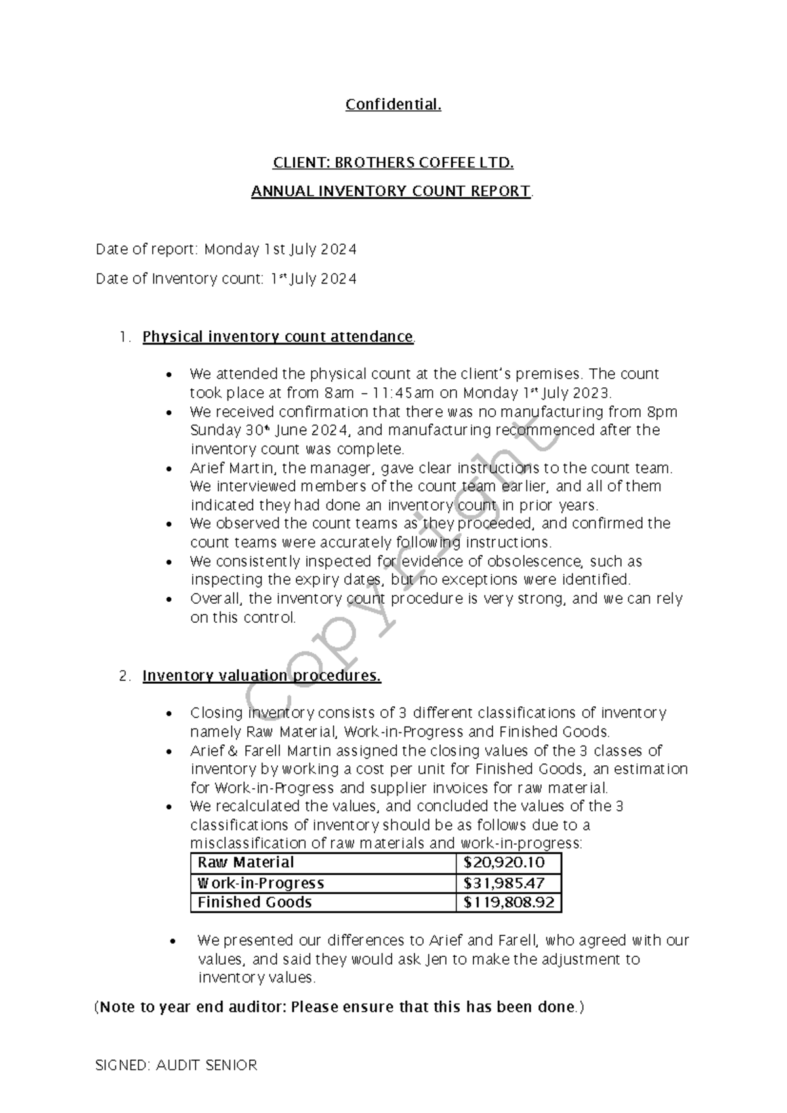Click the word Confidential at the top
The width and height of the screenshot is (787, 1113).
[393, 104]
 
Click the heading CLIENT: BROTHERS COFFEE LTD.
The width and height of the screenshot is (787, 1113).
[393, 162]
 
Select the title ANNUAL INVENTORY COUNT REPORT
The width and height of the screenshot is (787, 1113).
[392, 191]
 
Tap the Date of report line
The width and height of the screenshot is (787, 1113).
[226, 249]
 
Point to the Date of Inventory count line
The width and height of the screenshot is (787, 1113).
[226, 279]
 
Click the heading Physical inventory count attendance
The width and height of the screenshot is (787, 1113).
[277, 337]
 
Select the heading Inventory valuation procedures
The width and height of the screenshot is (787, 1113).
[261, 676]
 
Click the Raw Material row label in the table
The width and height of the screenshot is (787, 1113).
[245, 862]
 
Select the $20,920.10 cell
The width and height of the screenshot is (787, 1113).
[504, 862]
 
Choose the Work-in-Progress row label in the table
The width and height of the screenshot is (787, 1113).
[260, 883]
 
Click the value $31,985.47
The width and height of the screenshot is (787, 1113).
[504, 883]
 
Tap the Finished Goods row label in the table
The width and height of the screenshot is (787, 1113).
[254, 902]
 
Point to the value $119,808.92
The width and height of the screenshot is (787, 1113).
[508, 902]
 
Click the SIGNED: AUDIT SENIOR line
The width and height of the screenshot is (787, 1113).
[176, 1065]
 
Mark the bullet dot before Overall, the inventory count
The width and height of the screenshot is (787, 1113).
[171, 599]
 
